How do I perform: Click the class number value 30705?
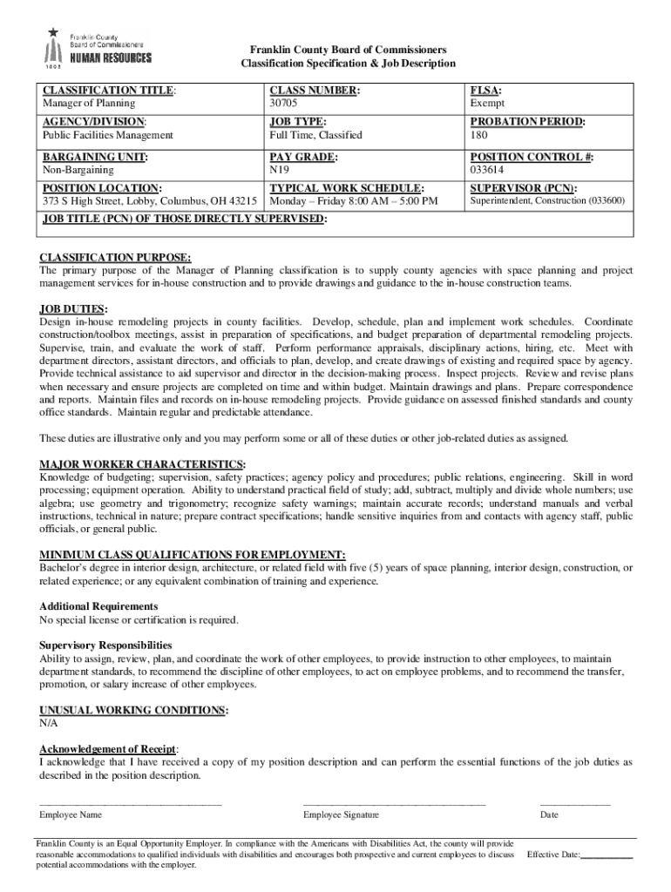click(284, 104)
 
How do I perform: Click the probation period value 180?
click(478, 135)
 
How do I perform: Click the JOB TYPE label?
click(297, 122)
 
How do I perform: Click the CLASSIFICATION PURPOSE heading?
click(115, 258)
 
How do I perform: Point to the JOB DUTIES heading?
click(74, 309)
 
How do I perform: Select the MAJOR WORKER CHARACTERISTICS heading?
click(142, 464)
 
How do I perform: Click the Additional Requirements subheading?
click(98, 606)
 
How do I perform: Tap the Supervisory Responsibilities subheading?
click(105, 645)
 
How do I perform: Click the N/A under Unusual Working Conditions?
click(49, 723)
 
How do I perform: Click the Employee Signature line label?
click(341, 814)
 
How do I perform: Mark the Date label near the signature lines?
click(549, 814)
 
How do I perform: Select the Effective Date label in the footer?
click(552, 855)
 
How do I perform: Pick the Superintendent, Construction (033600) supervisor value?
click(547, 201)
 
